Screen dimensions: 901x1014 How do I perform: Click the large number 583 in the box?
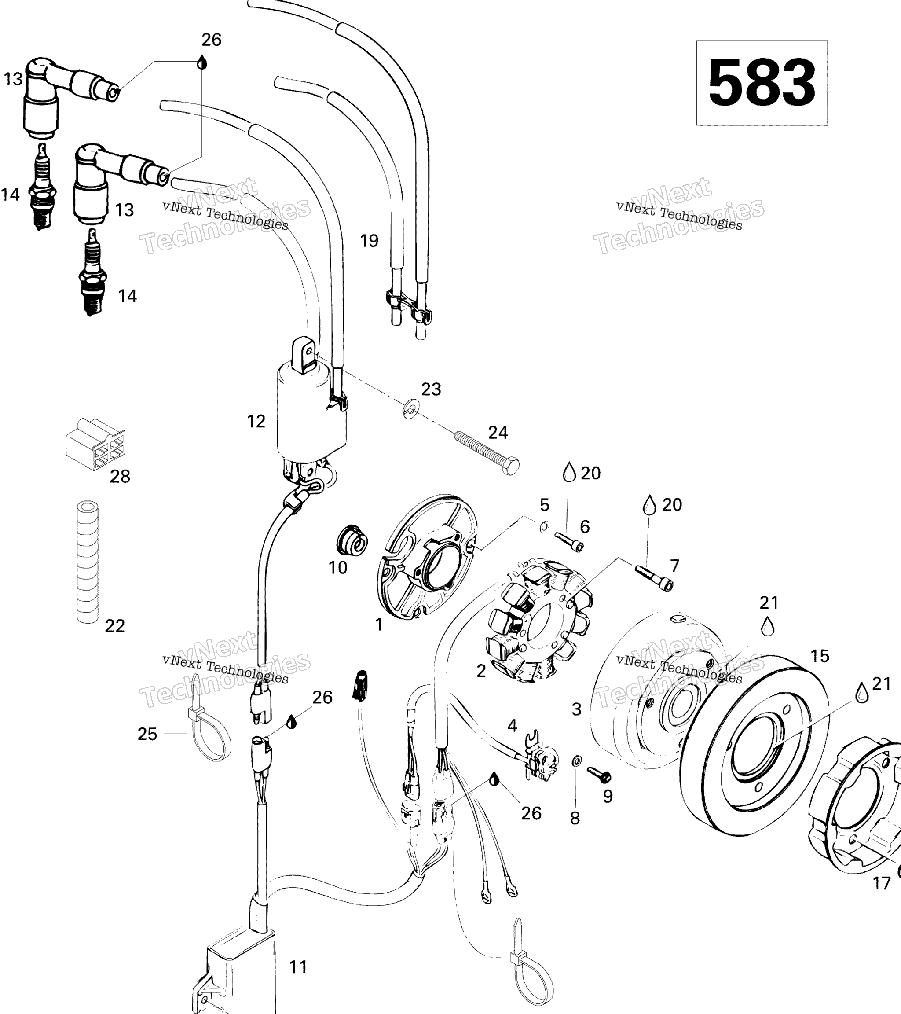click(x=762, y=82)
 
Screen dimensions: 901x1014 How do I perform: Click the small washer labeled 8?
click(x=577, y=760)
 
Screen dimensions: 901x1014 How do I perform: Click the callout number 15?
click(x=820, y=656)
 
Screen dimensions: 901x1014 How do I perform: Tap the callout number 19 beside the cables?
click(x=369, y=241)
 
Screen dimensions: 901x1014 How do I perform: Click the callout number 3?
click(x=576, y=709)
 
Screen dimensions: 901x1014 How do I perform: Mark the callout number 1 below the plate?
click(x=379, y=625)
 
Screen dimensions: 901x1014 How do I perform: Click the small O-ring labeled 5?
click(x=544, y=526)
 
